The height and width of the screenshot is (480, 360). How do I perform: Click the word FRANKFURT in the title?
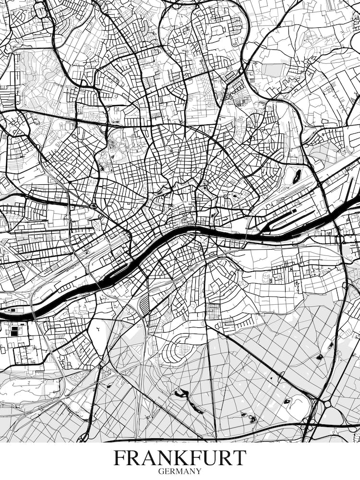(x=180, y=458)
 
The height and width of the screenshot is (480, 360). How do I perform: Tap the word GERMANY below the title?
(x=180, y=471)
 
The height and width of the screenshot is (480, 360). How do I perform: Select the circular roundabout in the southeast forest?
(x=327, y=404)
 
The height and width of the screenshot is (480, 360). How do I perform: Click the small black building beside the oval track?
(x=287, y=401)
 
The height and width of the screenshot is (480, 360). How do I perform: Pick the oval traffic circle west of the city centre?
(x=93, y=206)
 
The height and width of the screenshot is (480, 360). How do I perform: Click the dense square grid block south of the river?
(x=213, y=311)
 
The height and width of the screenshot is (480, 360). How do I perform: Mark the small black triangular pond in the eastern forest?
(x=319, y=357)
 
